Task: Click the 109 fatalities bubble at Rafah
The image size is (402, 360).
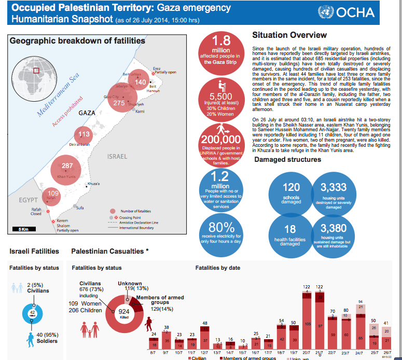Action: [x=52, y=196]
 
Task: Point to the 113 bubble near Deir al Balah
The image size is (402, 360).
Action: [x=84, y=134]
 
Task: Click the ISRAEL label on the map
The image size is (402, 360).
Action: [x=117, y=156]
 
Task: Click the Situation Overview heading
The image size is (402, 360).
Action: [x=289, y=35]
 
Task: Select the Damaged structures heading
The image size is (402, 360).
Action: [x=287, y=159]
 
